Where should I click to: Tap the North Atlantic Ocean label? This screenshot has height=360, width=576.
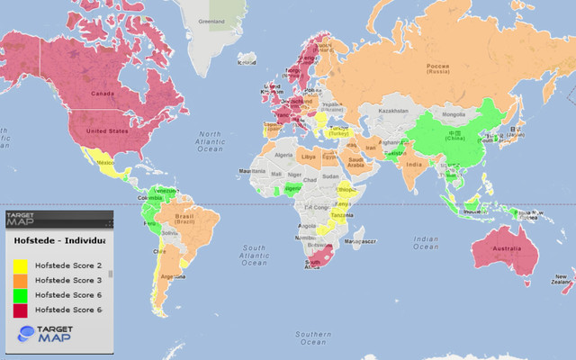[209, 141]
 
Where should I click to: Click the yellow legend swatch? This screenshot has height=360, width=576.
[19, 265]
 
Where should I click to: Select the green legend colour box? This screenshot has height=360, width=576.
[19, 294]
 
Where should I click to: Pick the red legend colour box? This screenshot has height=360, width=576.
[19, 309]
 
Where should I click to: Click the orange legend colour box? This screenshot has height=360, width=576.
[19, 280]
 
